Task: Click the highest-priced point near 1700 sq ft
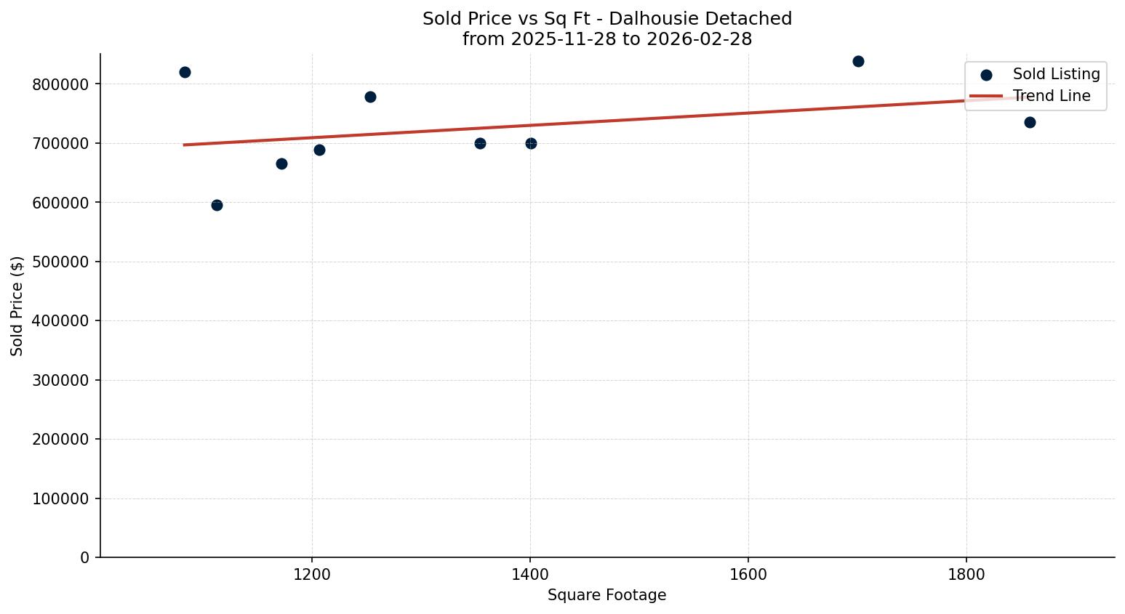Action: coord(858,61)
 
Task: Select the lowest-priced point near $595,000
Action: coord(217,205)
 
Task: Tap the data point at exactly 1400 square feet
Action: coord(531,143)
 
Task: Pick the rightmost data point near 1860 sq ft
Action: coord(1030,122)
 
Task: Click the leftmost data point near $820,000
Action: coord(185,72)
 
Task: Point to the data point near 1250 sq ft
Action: coord(370,97)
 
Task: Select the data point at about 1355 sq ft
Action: coord(480,143)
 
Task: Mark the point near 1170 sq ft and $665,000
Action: coord(281,163)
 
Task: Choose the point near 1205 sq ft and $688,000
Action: coord(319,150)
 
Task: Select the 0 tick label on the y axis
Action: coord(86,558)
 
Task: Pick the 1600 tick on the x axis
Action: coord(748,575)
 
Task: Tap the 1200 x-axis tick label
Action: coord(312,575)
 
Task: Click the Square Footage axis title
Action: coord(606,595)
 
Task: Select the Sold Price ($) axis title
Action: coord(17,306)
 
